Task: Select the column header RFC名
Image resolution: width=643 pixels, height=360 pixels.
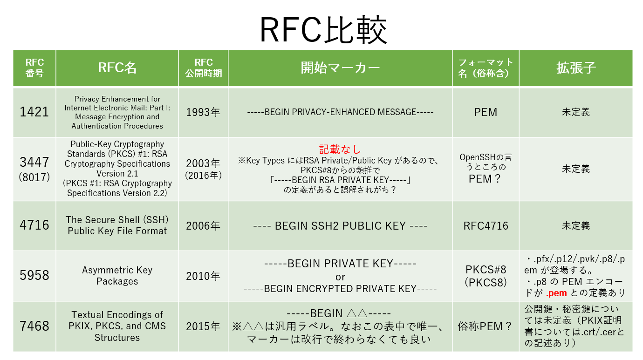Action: pos(117,68)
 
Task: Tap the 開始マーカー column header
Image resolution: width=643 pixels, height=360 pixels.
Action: pos(340,68)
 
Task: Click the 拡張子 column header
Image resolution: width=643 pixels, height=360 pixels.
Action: pos(576,68)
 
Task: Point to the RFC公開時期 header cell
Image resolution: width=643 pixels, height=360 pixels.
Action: pos(203,68)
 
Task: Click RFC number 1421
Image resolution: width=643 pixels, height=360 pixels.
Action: pos(34,112)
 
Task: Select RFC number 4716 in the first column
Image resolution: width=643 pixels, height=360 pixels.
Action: pos(34,225)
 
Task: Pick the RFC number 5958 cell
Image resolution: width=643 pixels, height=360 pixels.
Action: pos(34,276)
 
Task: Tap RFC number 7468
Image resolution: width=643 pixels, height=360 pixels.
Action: pos(34,326)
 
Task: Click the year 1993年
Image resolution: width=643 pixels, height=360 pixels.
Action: pos(203,112)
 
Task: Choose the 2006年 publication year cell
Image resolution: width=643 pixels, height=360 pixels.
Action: pos(203,226)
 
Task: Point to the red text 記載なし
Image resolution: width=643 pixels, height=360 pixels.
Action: pos(340,149)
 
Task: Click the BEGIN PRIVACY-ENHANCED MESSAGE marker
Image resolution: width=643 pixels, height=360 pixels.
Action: pos(340,112)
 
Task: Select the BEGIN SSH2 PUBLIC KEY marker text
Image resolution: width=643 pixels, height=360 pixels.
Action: pos(340,226)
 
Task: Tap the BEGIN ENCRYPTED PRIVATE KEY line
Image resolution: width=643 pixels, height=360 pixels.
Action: pos(340,289)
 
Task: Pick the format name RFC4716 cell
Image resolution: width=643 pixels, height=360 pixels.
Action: pos(486,226)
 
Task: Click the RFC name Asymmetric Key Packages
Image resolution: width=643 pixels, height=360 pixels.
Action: pos(117,276)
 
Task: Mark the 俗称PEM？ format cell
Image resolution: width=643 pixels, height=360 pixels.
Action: pos(486,326)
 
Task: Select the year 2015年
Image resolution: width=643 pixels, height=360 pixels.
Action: pos(203,326)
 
